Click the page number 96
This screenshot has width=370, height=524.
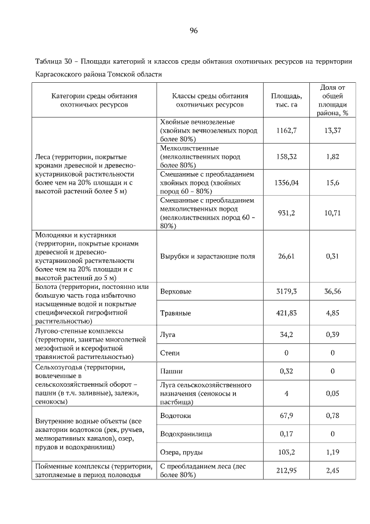coord(194,31)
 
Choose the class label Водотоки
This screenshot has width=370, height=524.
coord(175,415)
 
